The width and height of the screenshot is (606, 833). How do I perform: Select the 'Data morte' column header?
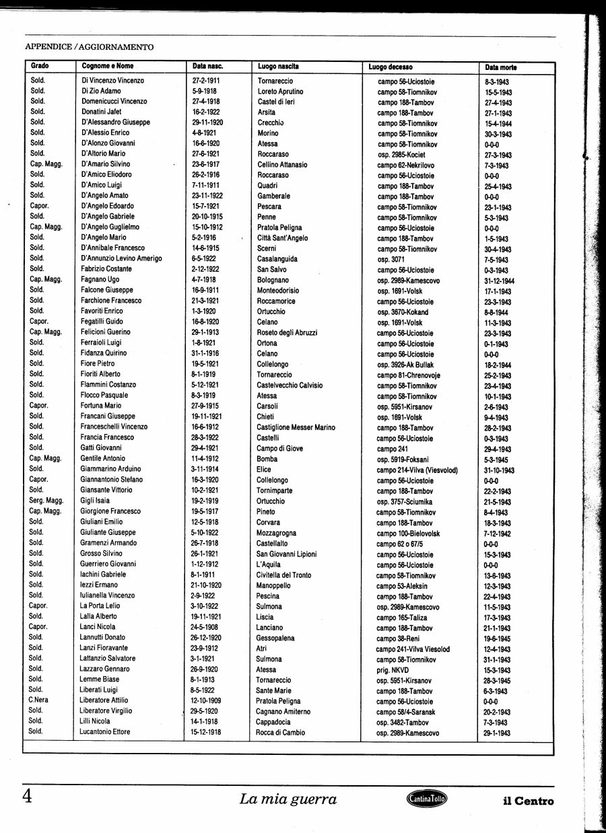tap(501, 67)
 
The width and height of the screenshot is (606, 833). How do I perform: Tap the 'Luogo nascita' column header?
tap(278, 66)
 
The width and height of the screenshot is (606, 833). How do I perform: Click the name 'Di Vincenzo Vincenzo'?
tap(112, 81)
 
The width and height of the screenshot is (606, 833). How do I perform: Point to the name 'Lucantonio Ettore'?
tap(105, 731)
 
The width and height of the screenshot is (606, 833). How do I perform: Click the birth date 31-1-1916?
tap(207, 353)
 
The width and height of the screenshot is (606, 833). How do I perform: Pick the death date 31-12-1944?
tap(499, 281)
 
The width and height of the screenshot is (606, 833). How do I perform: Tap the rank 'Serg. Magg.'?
tap(46, 500)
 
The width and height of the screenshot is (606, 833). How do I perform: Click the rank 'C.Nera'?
tap(37, 700)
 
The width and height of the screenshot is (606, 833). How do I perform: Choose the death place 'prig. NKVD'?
tap(393, 670)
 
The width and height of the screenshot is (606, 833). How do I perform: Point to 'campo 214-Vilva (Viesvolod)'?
tap(417, 470)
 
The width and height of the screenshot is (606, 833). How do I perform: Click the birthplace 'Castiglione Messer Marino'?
tap(296, 427)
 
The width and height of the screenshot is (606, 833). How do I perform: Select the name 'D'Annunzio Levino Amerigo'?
tap(121, 258)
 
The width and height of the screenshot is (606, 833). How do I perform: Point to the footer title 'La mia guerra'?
tap(288, 799)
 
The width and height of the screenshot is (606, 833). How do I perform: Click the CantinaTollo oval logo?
tap(427, 799)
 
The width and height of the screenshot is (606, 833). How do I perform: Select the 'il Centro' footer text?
tap(529, 801)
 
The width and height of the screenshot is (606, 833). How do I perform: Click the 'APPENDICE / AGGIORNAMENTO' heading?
tap(89, 47)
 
